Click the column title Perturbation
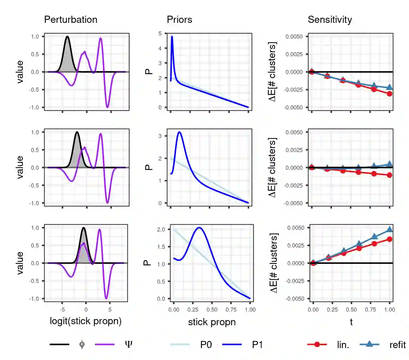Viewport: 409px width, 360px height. (x=71, y=20)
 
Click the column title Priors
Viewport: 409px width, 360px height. (x=179, y=20)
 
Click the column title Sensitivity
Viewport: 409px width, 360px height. (x=330, y=20)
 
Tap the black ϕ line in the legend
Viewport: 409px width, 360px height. (x=59, y=345)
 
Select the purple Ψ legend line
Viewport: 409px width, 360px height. (x=105, y=345)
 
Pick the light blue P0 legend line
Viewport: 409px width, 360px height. (x=180, y=345)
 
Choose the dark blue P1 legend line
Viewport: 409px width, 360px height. (x=232, y=345)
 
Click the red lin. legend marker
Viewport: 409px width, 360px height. (x=317, y=345)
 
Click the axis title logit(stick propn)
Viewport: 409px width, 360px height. (x=86, y=321)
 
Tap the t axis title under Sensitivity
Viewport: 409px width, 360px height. (x=351, y=322)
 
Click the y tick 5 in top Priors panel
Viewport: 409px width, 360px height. (x=160, y=33)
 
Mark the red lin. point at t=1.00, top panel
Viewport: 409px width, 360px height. (x=390, y=93)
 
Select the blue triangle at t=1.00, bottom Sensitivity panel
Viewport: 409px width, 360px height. (x=390, y=229)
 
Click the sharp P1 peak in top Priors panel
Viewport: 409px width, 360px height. (x=172, y=36)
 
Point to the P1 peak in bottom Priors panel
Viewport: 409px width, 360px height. (x=199, y=228)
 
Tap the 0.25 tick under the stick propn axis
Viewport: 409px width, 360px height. (x=193, y=310)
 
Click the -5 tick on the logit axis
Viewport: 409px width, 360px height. (x=62, y=310)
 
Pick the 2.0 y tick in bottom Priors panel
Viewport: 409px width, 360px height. (x=161, y=229)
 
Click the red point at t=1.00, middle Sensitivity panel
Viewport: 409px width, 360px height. (x=390, y=175)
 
